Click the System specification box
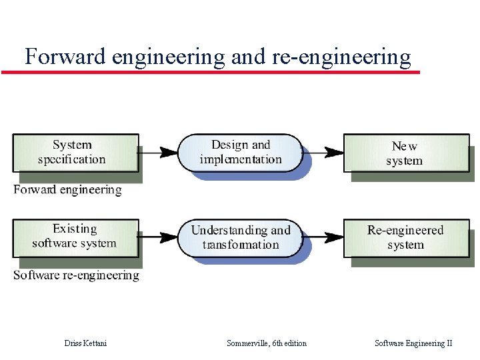pyautogui.click(x=75, y=153)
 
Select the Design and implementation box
pyautogui.click(x=240, y=153)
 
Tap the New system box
pyautogui.click(x=405, y=153)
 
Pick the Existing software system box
pyautogui.click(x=75, y=237)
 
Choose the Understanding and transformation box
pyautogui.click(x=240, y=237)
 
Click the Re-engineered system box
pyautogui.click(x=405, y=237)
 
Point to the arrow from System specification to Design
pyautogui.click(x=159, y=153)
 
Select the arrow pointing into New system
pyautogui.click(x=323, y=153)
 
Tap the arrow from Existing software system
pyautogui.click(x=159, y=236)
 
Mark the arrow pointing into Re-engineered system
pyautogui.click(x=323, y=237)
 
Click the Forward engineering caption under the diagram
pyautogui.click(x=67, y=190)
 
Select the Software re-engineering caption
pyautogui.click(x=76, y=275)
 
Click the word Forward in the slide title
pyautogui.click(x=65, y=57)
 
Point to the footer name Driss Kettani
pyautogui.click(x=85, y=343)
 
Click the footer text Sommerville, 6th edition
pyautogui.click(x=267, y=343)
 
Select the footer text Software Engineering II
pyautogui.click(x=413, y=343)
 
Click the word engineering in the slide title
pyautogui.click(x=169, y=58)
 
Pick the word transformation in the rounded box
pyautogui.click(x=241, y=245)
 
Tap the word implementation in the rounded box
pyautogui.click(x=241, y=160)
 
